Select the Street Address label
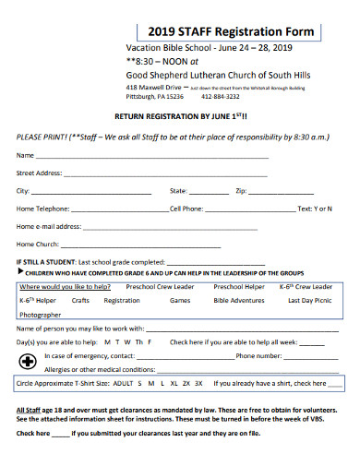pyautogui.click(x=39, y=173)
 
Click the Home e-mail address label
pyautogui.click(x=49, y=226)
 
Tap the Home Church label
pyautogui.click(x=38, y=245)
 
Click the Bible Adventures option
pyautogui.click(x=238, y=300)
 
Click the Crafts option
pyautogui.click(x=80, y=300)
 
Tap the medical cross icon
pyautogui.click(x=29, y=359)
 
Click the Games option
pyautogui.click(x=179, y=300)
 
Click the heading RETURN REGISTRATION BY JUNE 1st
pyautogui.click(x=180, y=117)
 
